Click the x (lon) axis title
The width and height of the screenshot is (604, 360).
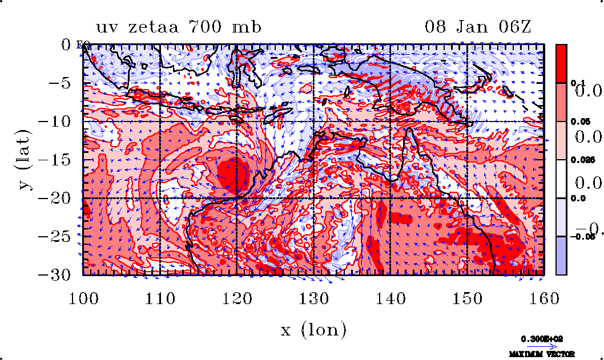[313, 330]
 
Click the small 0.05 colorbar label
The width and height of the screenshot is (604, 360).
[579, 122]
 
